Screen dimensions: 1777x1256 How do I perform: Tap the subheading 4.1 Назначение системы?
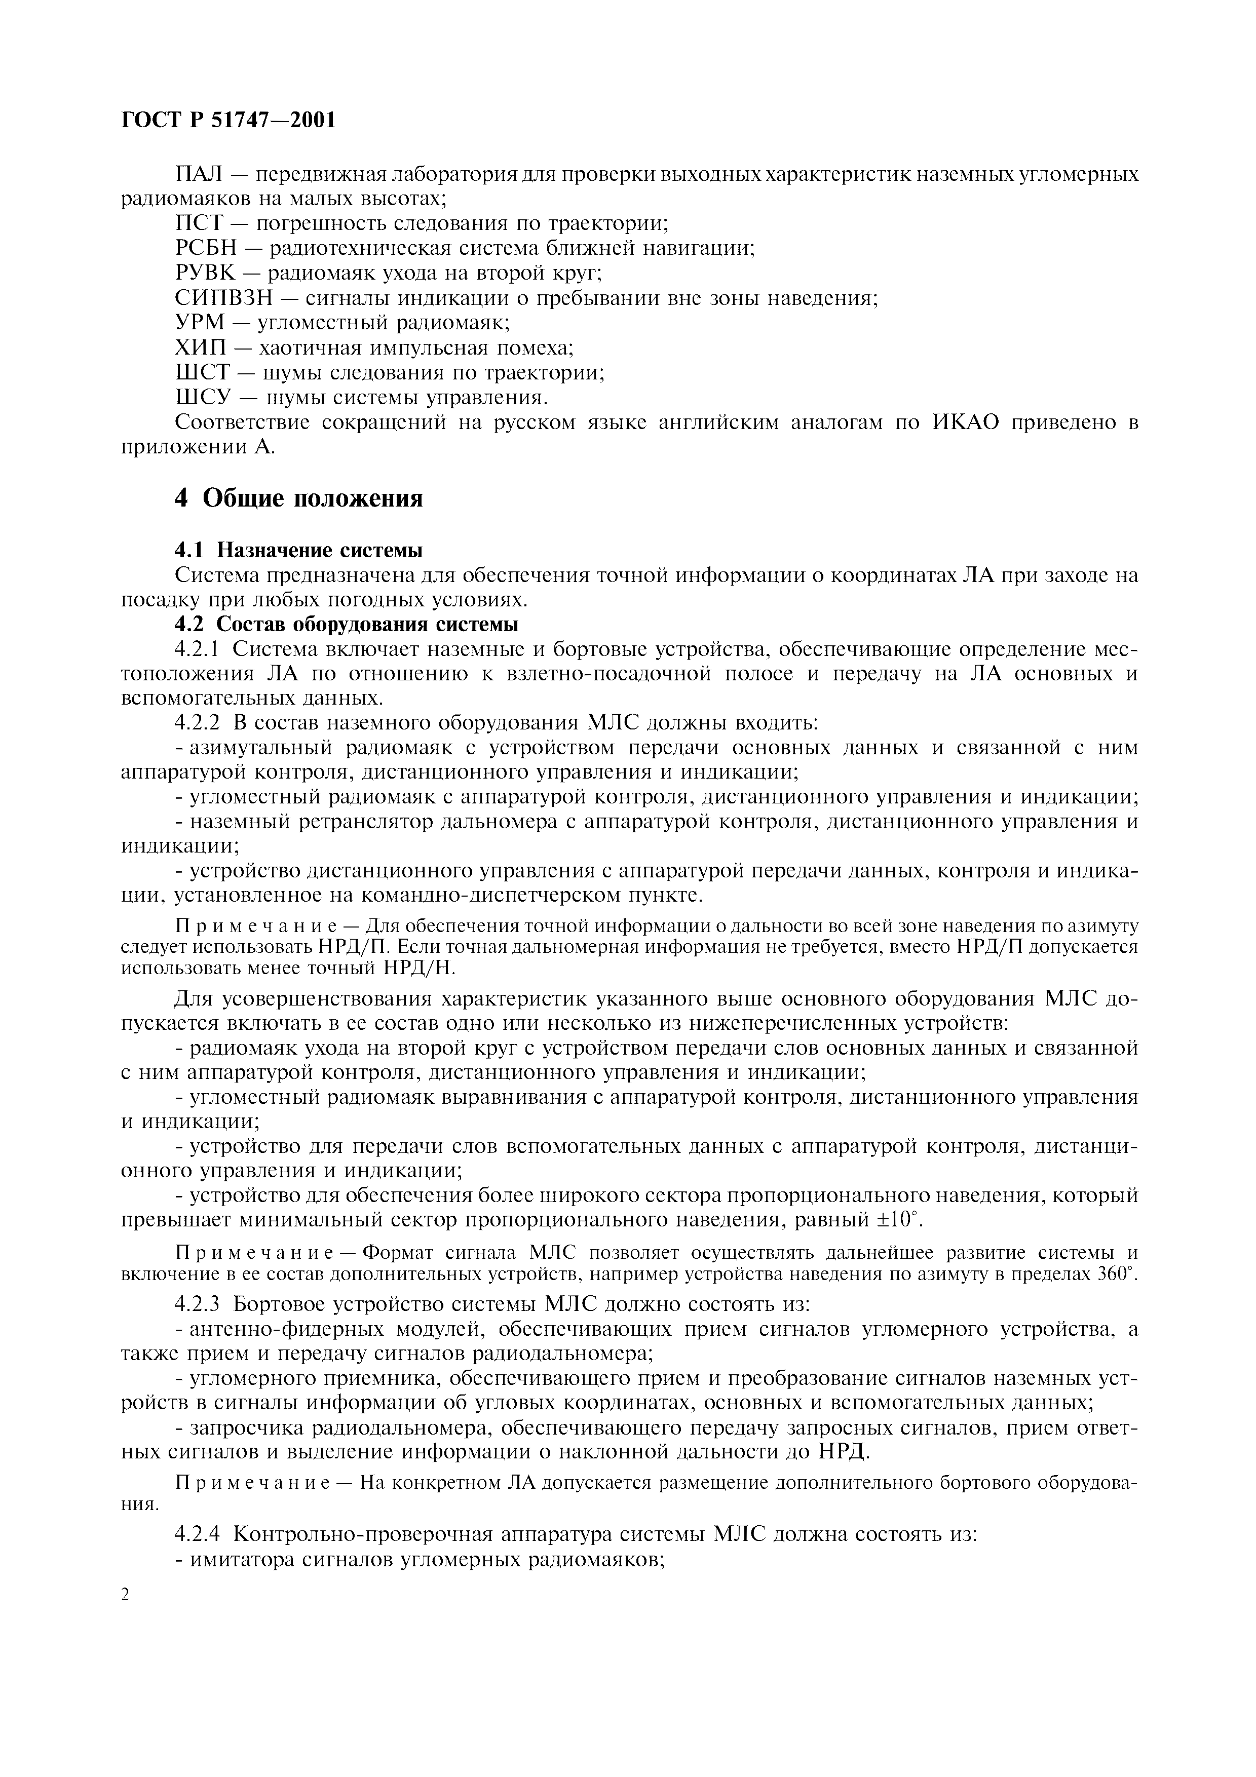point(299,550)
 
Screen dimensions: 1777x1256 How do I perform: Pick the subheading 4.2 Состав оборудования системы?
point(346,624)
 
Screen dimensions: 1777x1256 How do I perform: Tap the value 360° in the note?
point(1118,1273)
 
